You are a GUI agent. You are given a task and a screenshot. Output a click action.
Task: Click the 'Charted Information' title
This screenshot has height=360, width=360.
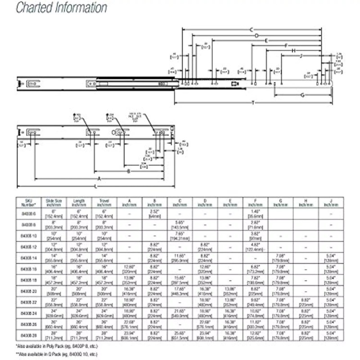click(62, 8)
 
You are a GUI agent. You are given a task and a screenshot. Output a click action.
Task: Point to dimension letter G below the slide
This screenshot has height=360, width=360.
click(302, 95)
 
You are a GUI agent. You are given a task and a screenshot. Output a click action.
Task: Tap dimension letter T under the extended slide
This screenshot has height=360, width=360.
click(253, 103)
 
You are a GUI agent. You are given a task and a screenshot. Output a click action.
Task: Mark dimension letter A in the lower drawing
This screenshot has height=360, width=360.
click(99, 178)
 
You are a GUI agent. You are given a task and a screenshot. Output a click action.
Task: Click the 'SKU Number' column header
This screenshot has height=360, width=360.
click(29, 201)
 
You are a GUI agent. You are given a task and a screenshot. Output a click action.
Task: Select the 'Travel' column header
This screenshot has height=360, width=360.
click(103, 201)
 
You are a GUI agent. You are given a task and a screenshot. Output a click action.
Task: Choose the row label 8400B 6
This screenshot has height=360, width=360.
click(29, 212)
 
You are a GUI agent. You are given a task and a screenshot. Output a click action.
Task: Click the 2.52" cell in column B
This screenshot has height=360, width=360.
click(154, 212)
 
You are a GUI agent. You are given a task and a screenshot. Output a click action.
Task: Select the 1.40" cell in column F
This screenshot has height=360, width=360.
click(255, 212)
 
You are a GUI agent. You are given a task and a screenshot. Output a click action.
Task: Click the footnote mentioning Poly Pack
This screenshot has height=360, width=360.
click(56, 346)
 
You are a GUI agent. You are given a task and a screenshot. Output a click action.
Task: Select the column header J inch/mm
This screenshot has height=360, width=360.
click(331, 201)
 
